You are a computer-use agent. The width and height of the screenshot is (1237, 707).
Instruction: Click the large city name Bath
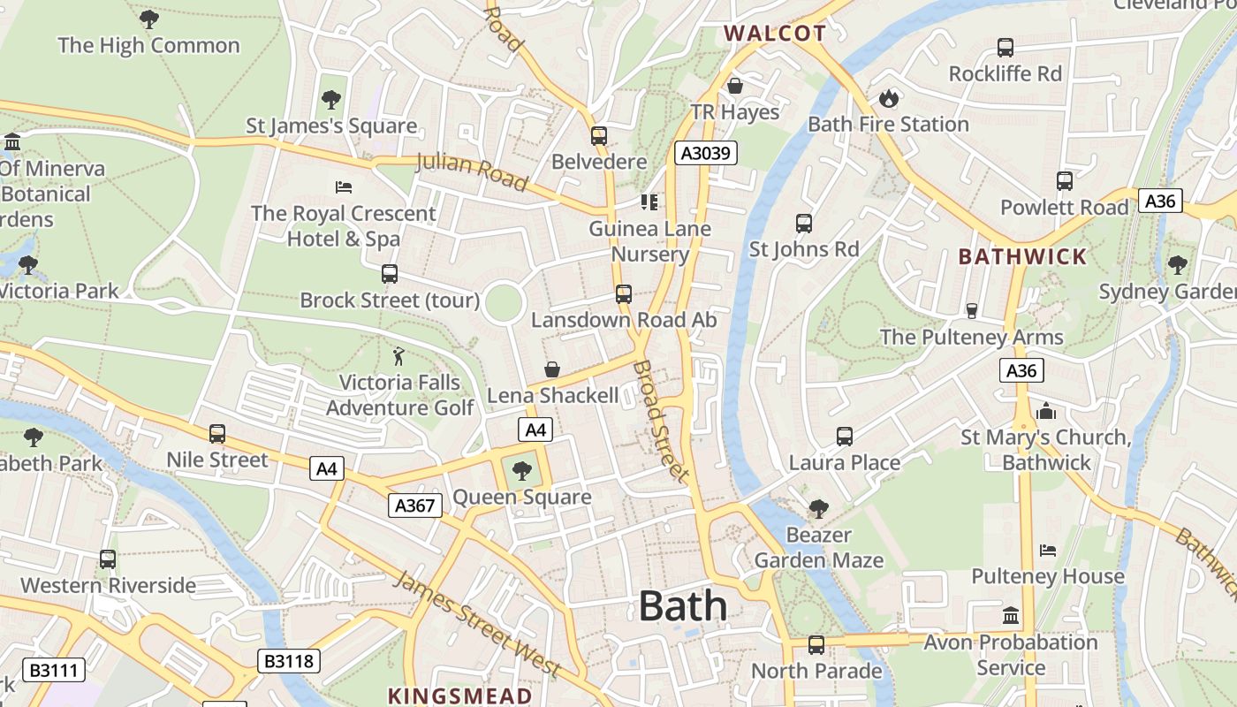coord(682,606)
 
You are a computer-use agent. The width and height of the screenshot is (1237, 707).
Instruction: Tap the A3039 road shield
coord(706,153)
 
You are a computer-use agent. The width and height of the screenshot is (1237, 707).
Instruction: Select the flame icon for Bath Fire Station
coord(888,97)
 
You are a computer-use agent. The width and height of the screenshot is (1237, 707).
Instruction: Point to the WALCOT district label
coord(775,34)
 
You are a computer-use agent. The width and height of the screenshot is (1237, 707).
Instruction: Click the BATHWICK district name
coord(1022,257)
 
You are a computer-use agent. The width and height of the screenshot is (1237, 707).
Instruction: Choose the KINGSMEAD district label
coord(460,696)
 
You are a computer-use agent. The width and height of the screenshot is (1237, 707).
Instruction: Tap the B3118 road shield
coord(289,661)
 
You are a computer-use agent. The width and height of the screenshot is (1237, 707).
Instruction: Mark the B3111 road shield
coord(54,671)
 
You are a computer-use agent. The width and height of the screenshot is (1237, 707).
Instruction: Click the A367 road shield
coord(414,506)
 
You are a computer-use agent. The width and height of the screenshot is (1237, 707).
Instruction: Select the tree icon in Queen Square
coord(522,470)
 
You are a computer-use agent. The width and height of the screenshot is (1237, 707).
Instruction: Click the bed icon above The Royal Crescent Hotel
coord(344,186)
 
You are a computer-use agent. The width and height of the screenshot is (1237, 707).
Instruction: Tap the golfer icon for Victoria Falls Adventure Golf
coord(399,356)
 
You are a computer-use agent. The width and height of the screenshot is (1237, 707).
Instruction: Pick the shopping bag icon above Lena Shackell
coord(552,369)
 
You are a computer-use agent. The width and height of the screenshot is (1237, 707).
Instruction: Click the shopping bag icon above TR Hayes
coord(734,86)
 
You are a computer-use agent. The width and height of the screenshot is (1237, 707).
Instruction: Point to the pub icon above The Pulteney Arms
coord(971,311)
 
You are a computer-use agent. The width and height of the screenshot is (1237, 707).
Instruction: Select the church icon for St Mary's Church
coord(1046,411)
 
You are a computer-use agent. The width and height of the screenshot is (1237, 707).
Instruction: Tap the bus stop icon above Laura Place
coord(845,436)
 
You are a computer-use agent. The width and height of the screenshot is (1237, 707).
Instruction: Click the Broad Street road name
coord(660,421)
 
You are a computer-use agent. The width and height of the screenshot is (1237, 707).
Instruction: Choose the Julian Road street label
coord(471,171)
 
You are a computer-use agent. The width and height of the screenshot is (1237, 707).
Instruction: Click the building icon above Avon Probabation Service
coord(1011,615)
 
